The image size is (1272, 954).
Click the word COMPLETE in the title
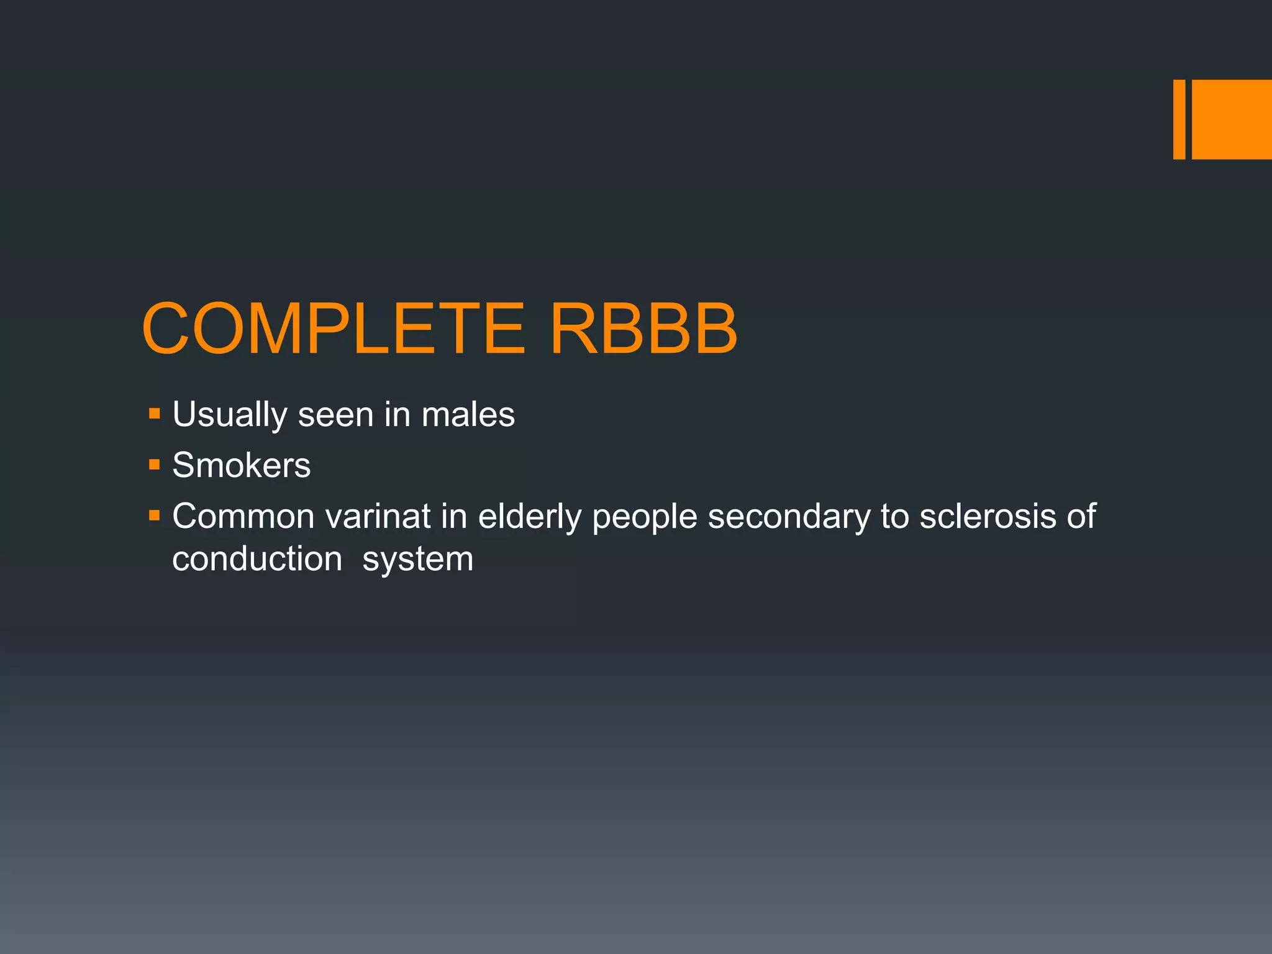pos(334,329)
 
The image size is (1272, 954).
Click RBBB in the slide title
pos(643,329)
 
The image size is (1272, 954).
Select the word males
pos(468,415)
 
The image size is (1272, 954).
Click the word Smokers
pos(241,465)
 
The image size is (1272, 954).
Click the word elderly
pos(529,516)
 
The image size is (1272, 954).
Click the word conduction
pos(257,559)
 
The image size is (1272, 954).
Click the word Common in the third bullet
pos(243,516)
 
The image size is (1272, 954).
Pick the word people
pos(644,517)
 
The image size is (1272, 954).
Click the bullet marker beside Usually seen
pos(155,414)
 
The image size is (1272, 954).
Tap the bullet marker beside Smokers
pos(155,465)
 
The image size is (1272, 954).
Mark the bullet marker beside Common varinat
pos(155,516)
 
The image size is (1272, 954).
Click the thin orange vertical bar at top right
pos(1179,119)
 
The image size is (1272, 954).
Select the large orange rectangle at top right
pos(1232,119)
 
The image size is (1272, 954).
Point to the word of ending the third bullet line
pos(1081,516)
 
